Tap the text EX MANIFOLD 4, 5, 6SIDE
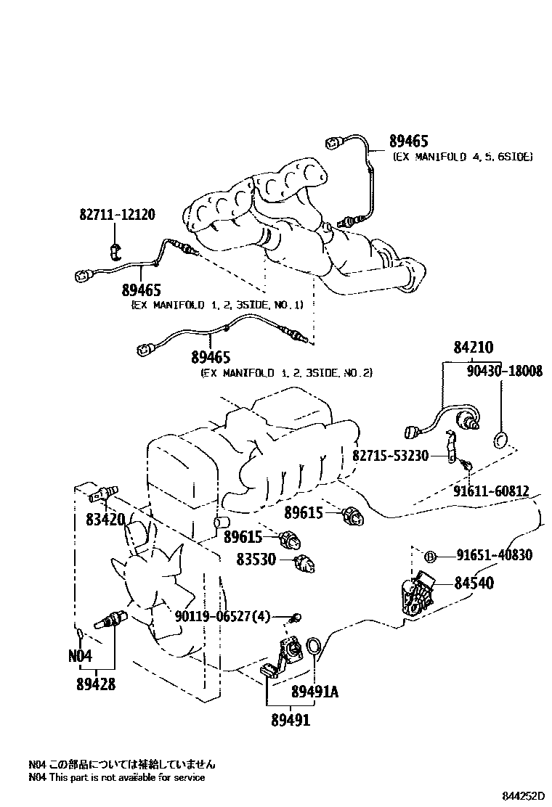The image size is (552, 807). pos(462,157)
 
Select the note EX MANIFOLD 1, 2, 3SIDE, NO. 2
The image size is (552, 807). pos(286,372)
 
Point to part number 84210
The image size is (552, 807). pos(473,349)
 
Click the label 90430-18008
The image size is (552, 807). pos(500,372)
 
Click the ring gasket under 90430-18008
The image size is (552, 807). pos(500,439)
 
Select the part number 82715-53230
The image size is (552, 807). pos(390,455)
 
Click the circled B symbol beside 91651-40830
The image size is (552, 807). pos(429,557)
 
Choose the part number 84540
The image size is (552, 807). pos(474,582)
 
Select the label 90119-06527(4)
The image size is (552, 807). pos(222,617)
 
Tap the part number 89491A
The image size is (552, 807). pos(314,692)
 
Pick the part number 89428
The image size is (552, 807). pos(95,684)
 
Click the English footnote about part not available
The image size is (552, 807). pos(116,778)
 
